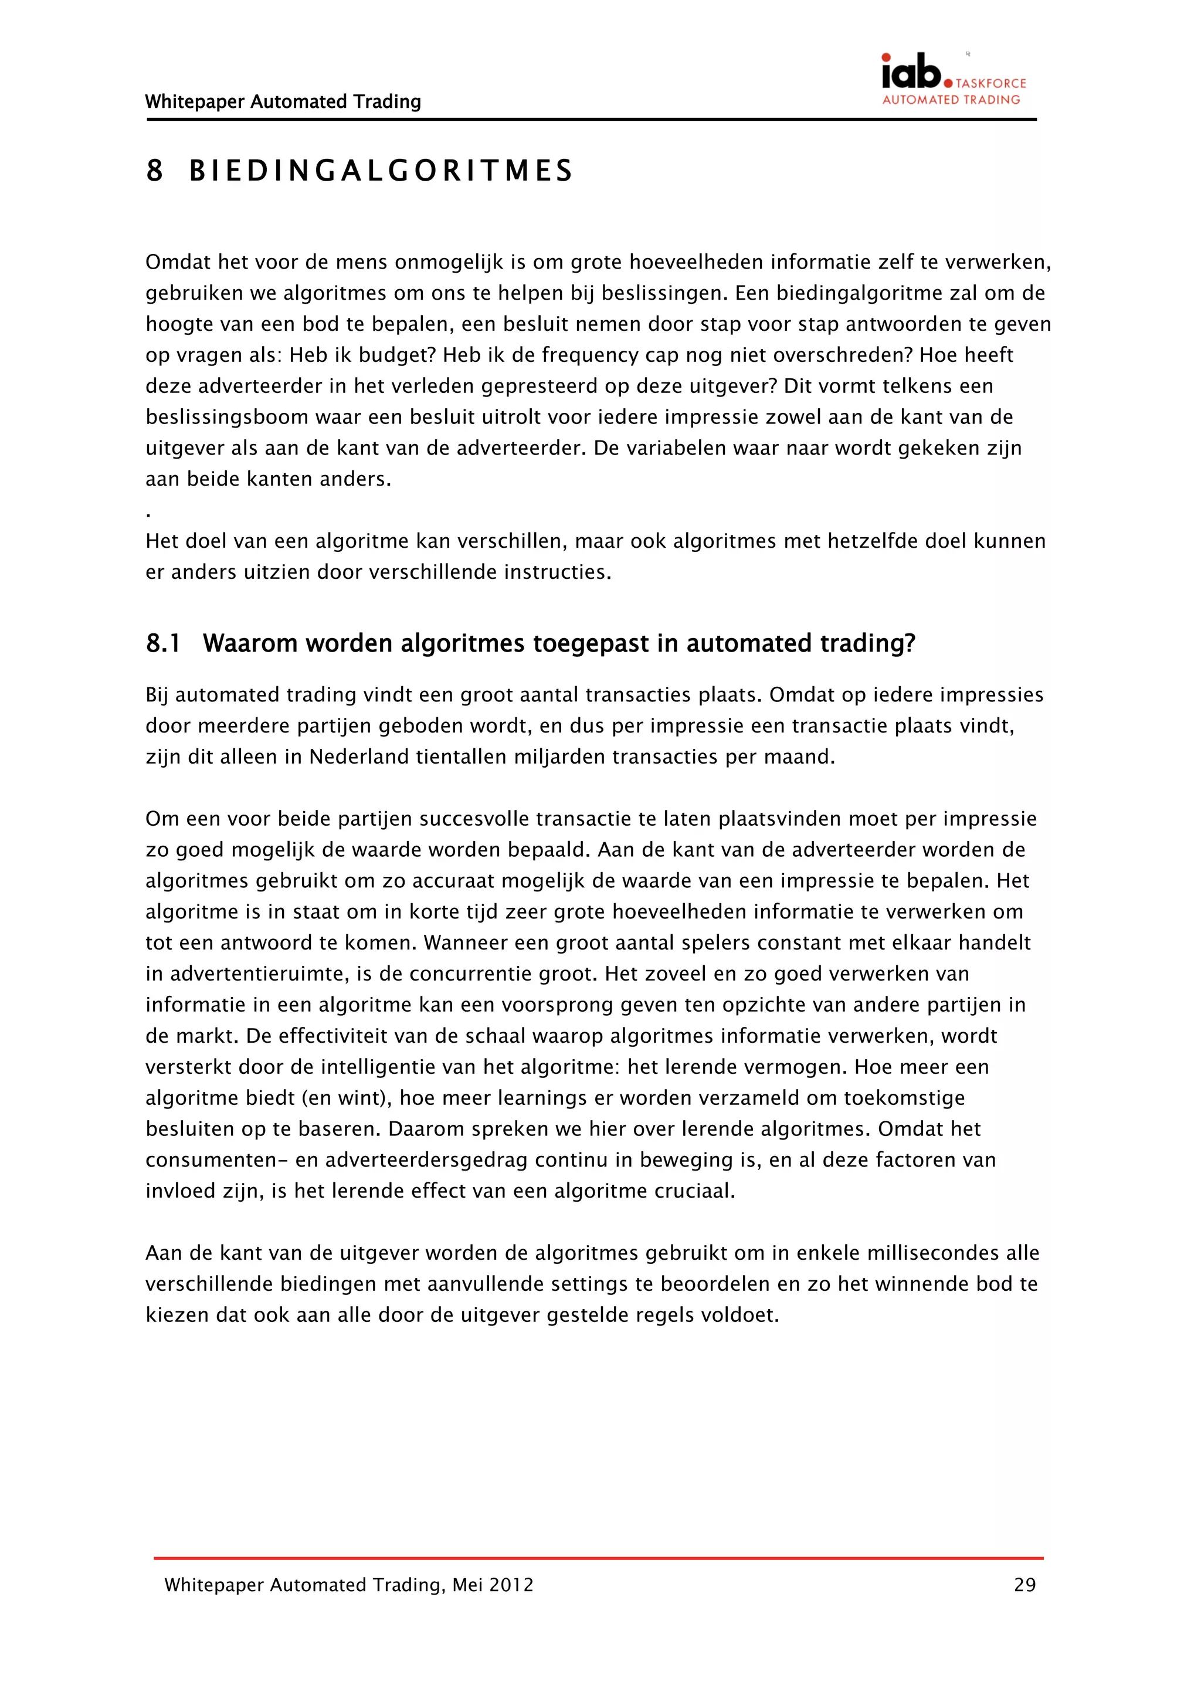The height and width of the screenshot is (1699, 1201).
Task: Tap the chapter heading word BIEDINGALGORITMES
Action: (x=381, y=171)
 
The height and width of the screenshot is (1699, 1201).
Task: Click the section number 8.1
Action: (x=163, y=644)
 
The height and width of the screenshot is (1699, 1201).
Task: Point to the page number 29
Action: (x=1024, y=1585)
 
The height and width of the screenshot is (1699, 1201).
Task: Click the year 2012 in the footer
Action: (x=511, y=1585)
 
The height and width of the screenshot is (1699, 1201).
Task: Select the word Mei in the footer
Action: (x=467, y=1585)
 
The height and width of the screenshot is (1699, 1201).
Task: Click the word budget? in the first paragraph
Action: (x=398, y=355)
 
